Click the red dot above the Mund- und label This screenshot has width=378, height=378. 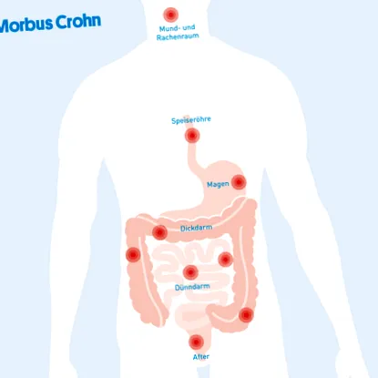tap(171, 15)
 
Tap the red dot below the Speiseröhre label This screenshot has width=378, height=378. tap(192, 136)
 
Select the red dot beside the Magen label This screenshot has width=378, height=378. tap(239, 182)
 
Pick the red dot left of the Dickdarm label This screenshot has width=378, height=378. tap(159, 232)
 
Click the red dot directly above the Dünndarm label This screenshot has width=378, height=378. tap(190, 272)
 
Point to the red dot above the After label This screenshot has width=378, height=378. tap(196, 342)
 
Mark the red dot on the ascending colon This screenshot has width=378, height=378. tap(133, 254)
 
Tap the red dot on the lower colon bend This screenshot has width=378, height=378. tap(246, 315)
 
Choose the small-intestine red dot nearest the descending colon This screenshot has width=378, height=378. tap(226, 260)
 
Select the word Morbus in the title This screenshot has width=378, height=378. tap(26, 25)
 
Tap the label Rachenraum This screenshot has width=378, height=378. tap(178, 36)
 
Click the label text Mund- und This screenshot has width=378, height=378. tap(178, 28)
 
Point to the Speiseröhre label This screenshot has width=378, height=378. tap(191, 120)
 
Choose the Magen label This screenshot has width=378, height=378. tap(218, 184)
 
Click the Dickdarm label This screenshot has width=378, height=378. tap(197, 228)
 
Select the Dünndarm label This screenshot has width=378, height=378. tap(192, 287)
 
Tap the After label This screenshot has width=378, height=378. tap(201, 357)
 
